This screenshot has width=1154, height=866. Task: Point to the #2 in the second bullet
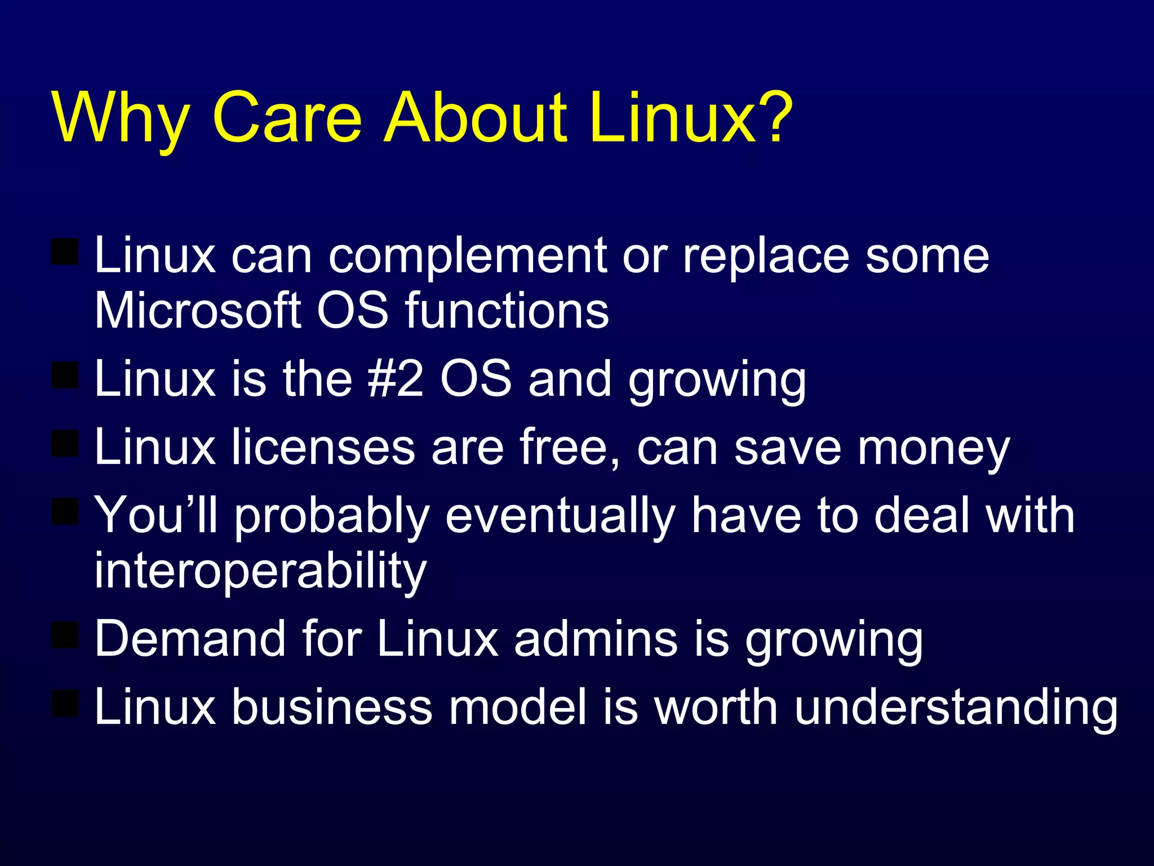(395, 378)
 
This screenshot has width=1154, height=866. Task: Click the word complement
(467, 257)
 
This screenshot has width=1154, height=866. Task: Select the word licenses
(323, 447)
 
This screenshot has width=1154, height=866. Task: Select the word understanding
(956, 708)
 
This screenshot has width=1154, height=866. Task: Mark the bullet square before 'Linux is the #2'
(65, 375)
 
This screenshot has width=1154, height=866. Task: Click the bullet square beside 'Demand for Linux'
(65, 635)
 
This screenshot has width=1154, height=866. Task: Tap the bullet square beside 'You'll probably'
(65, 511)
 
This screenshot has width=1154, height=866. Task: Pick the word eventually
(560, 515)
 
